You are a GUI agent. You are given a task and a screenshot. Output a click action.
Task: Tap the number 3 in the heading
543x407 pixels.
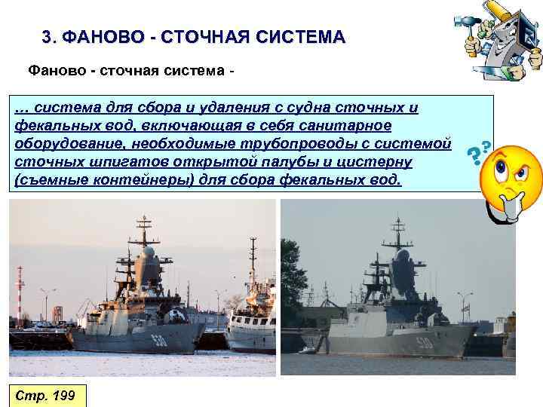[48, 37]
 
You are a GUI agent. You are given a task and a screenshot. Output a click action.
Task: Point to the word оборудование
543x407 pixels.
[60, 142]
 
